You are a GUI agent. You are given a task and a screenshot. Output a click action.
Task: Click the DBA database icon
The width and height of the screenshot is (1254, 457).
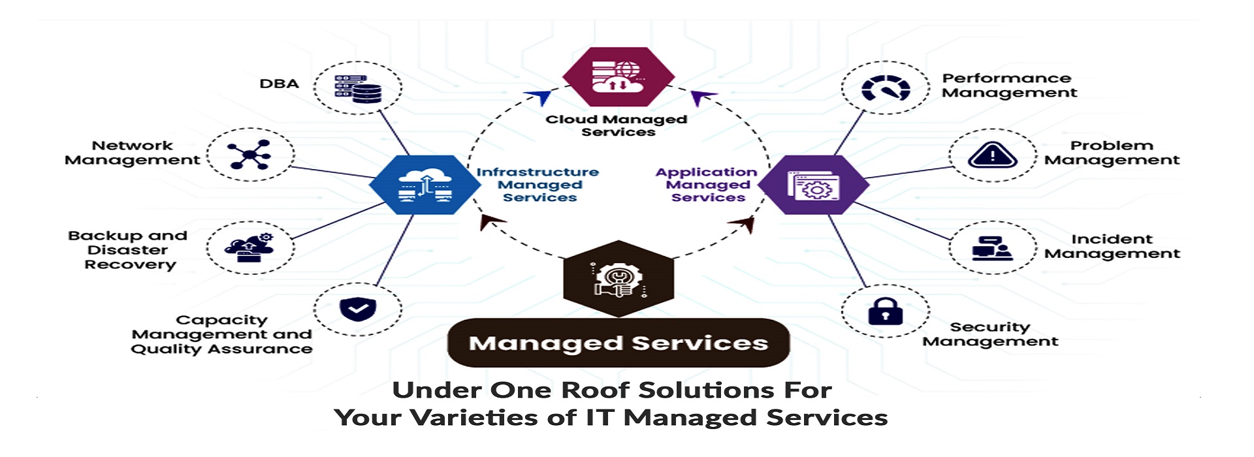pos(358,89)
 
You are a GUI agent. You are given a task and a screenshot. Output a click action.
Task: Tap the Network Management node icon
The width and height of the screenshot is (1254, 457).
pos(249,155)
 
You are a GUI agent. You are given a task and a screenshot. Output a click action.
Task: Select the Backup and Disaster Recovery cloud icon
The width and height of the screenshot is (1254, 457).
pos(249,247)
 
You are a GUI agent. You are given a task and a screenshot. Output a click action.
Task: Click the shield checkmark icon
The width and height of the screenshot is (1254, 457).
pos(358,309)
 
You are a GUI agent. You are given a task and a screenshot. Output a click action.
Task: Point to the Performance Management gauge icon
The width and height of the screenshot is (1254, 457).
pos(885,89)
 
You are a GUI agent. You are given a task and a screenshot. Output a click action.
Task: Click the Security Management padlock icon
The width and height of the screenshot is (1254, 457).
pos(885,311)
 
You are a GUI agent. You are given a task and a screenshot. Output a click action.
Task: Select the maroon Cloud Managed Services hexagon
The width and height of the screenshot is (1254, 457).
pos(618,77)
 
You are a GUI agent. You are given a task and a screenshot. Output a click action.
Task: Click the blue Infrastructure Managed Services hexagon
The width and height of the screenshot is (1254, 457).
pos(425,185)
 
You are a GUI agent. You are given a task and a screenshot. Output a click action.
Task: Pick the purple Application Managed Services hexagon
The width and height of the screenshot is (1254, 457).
pos(813,185)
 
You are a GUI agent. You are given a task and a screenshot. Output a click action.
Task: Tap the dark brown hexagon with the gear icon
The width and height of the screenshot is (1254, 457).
pos(618,279)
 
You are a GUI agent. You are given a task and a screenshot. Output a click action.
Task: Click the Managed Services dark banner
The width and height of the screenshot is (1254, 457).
pos(618,343)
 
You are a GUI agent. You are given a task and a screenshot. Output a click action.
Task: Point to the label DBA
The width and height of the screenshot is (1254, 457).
pos(279,84)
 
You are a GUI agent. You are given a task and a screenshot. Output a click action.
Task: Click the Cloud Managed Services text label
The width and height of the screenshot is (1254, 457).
pos(617,125)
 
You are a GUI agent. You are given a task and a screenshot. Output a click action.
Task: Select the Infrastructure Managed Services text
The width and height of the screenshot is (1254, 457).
pos(538,185)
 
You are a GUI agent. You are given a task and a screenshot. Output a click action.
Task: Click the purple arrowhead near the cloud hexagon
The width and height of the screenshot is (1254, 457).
pos(702,98)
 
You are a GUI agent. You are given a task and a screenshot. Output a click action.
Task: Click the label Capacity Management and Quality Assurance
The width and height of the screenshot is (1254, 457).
pos(222,334)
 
